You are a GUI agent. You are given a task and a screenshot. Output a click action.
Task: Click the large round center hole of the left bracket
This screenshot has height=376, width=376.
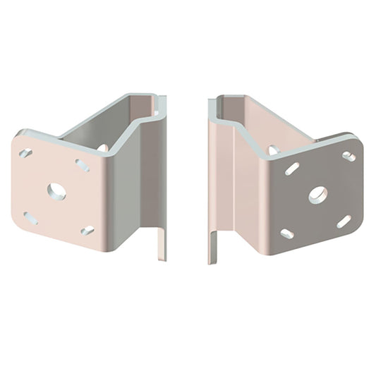[x=56, y=190]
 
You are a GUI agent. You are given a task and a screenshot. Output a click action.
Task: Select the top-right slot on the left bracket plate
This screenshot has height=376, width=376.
[x=83, y=165]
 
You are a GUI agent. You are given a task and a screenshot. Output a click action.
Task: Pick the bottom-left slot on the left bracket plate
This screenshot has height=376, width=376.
[x=30, y=218]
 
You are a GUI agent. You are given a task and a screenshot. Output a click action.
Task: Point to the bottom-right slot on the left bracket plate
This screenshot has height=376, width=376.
[x=87, y=231]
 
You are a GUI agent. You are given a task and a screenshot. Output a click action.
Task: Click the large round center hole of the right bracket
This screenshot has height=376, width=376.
[x=317, y=194]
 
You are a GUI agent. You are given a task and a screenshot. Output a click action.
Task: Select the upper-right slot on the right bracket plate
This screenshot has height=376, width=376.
[x=348, y=156]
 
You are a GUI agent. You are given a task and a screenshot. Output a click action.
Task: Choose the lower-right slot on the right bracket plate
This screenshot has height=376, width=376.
[x=344, y=222]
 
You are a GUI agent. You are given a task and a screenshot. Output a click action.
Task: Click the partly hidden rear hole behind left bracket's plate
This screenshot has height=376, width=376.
[x=103, y=147]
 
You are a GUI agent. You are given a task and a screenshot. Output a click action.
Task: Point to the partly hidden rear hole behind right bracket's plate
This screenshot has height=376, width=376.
[x=272, y=150]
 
